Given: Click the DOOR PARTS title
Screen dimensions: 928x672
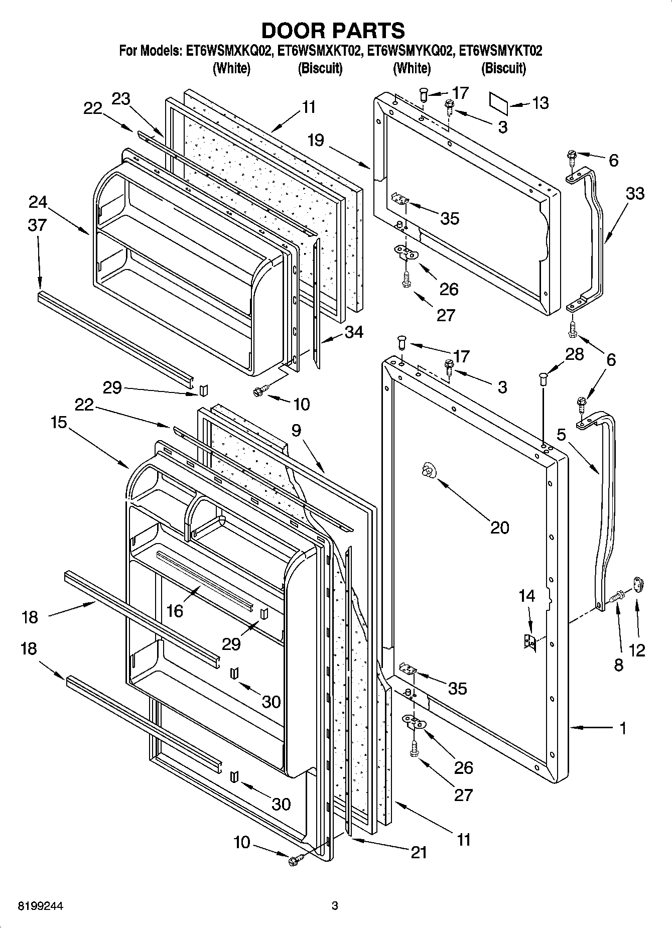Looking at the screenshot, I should click(x=333, y=31).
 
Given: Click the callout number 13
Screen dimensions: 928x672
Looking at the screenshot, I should click(x=540, y=103).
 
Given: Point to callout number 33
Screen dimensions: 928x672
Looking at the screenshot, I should click(x=635, y=193).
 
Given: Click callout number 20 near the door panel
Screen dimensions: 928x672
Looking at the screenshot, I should click(x=499, y=527).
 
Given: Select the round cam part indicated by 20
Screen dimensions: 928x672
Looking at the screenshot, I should click(x=428, y=471).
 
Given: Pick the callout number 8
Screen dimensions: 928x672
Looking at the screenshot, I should click(x=618, y=665).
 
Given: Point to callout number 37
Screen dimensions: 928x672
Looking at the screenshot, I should click(x=37, y=225).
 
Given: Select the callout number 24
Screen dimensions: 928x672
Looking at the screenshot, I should click(x=38, y=202).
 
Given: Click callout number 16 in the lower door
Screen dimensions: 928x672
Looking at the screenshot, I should click(x=175, y=610).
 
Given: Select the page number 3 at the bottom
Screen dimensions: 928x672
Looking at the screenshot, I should click(x=335, y=906).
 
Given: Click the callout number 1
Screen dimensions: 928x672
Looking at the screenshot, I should click(x=623, y=728).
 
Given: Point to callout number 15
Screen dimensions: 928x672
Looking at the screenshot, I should click(x=59, y=422).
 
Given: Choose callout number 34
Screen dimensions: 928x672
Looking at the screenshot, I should click(x=354, y=332).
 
